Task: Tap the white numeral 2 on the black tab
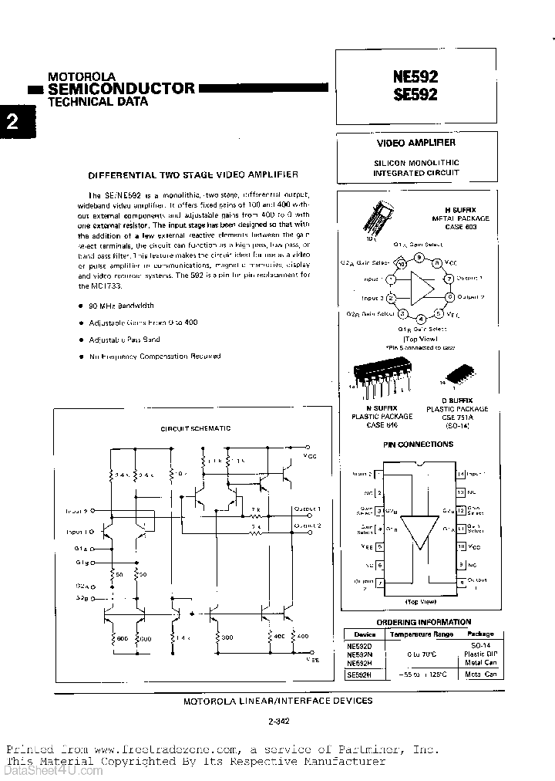[12, 123]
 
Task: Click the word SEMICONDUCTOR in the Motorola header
[122, 88]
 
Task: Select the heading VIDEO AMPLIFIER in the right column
[415, 143]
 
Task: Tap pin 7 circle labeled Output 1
[448, 278]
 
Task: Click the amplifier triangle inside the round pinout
[420, 287]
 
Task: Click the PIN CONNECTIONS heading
[419, 445]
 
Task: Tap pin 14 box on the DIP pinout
[460, 474]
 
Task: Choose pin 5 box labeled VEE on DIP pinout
[379, 547]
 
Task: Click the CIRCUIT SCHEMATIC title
[195, 428]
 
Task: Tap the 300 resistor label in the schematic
[226, 637]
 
